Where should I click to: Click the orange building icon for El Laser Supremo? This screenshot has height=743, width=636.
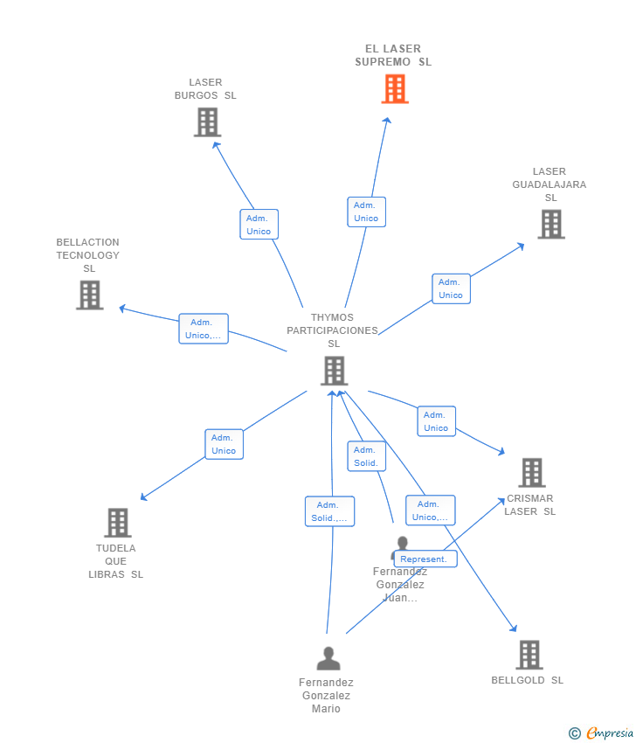coord(395,89)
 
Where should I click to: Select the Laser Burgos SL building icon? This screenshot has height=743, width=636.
coord(207,122)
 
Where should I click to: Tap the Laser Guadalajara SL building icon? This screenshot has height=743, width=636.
coord(550,225)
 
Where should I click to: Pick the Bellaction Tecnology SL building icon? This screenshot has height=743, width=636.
coord(89,295)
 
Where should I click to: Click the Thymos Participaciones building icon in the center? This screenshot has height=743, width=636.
coord(334,371)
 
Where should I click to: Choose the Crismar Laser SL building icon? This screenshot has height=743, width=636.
coord(531,473)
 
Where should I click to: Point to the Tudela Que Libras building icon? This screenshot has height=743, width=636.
coord(117,523)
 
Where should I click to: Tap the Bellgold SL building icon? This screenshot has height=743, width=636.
coord(529,655)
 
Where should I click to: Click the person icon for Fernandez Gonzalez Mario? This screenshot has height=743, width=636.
coord(328,658)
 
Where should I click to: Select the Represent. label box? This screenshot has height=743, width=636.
coord(425,559)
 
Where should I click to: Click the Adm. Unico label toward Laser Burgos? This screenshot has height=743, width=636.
coord(259,225)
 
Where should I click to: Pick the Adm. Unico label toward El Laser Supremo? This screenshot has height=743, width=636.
coord(366,212)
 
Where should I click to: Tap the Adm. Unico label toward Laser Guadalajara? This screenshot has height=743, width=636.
coord(451,288)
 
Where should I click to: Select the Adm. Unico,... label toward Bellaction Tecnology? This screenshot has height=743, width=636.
coord(204,329)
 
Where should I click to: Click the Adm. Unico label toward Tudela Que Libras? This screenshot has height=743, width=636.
coord(224,444)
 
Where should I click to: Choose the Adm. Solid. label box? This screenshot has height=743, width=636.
coord(366,456)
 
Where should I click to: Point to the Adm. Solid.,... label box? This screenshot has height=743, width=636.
coord(329,511)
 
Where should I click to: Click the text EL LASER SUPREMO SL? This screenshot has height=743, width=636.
coord(393,55)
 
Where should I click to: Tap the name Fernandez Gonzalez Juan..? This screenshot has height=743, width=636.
coord(400,585)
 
